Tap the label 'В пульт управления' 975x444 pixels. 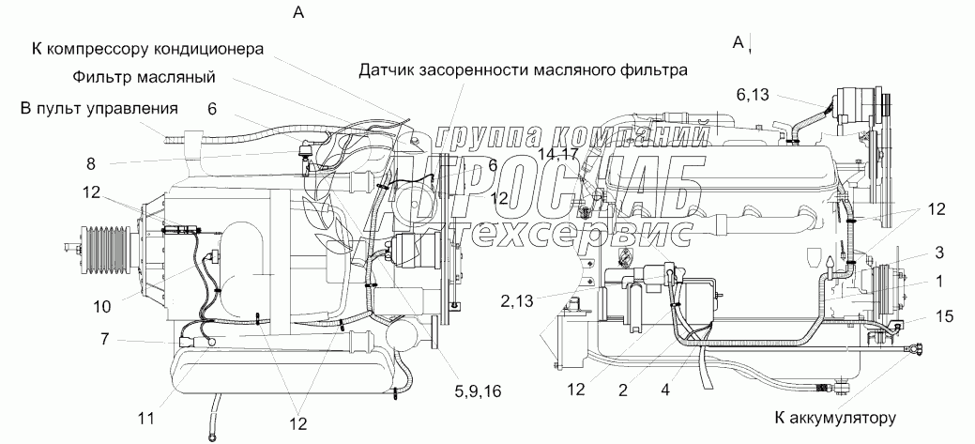pos(99,108)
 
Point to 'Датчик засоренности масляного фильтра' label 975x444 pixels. pos(524,69)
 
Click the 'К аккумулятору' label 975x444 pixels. pos(836,418)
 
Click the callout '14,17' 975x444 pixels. pos(559,153)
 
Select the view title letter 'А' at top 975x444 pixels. pos(298,12)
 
